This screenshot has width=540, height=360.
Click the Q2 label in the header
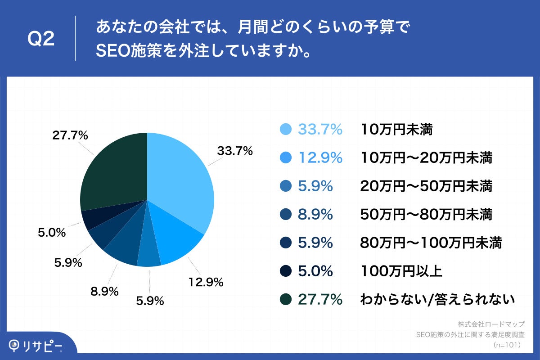pyautogui.click(x=41, y=39)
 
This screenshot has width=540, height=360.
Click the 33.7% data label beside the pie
pyautogui.click(x=234, y=151)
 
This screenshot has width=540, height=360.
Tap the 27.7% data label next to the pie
pyautogui.click(x=70, y=135)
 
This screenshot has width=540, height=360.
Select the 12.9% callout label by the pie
pyautogui.click(x=205, y=282)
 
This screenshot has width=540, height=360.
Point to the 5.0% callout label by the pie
pyautogui.click(x=51, y=233)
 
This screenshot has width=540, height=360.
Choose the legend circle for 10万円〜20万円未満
pyautogui.click(x=286, y=158)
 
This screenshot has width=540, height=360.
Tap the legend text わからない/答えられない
pyautogui.click(x=437, y=299)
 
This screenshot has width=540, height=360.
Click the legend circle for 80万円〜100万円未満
pyautogui.click(x=286, y=243)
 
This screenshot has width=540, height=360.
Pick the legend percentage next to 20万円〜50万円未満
pyautogui.click(x=315, y=186)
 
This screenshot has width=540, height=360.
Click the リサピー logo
pyautogui.click(x=36, y=345)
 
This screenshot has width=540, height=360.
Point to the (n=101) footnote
pyautogui.click(x=507, y=345)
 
